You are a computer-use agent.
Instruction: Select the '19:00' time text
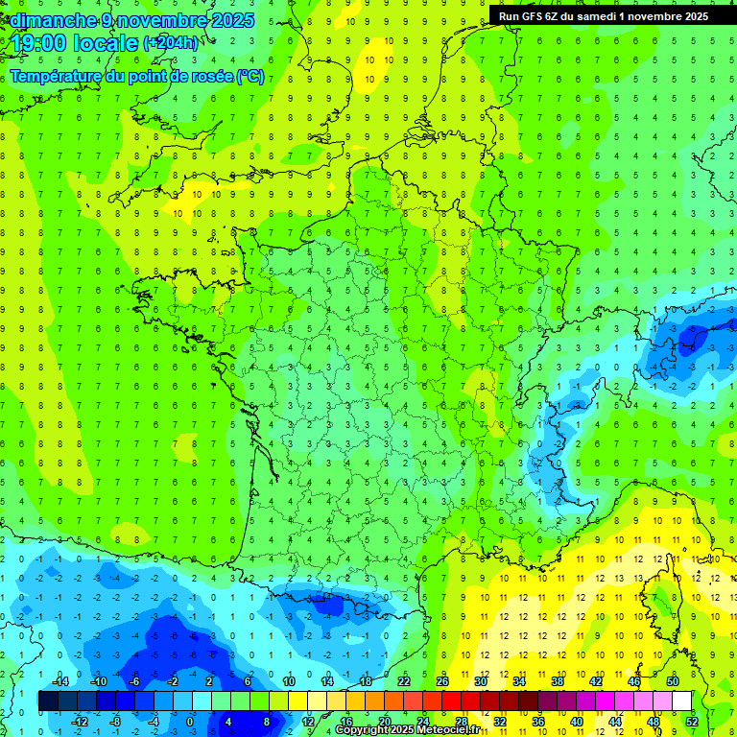point(39,42)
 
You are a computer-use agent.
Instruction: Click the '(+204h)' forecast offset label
point(170,42)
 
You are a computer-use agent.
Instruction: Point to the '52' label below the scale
point(692,721)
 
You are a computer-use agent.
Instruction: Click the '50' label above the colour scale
point(672,681)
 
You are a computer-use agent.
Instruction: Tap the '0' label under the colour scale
point(189,721)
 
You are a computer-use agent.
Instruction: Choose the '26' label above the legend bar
point(441,681)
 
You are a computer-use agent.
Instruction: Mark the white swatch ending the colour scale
point(681,701)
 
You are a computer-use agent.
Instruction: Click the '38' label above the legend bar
point(557,681)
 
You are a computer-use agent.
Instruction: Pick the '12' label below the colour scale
point(307,721)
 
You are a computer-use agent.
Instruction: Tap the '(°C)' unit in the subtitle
point(250,76)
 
